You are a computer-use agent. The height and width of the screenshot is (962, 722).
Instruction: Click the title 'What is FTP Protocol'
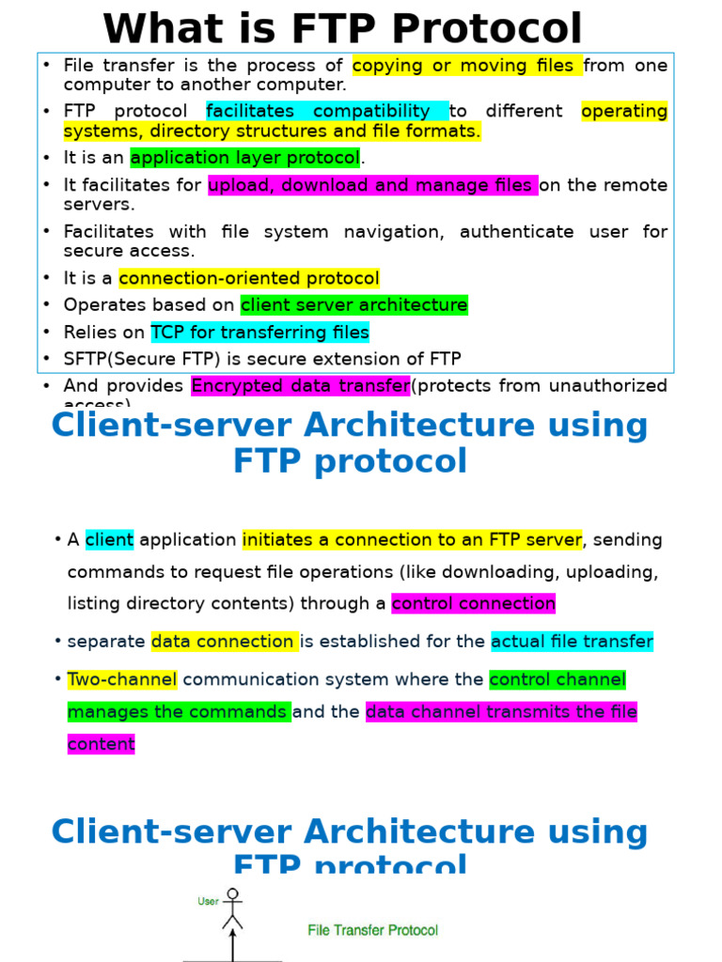[x=342, y=28]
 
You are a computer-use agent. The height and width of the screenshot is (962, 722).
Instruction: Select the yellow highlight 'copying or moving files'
[x=467, y=66]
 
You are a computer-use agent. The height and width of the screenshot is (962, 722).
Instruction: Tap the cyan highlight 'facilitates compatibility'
[x=327, y=112]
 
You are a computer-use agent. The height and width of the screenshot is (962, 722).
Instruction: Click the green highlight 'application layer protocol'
[x=245, y=158]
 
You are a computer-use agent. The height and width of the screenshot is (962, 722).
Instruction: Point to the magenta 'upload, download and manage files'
[x=372, y=185]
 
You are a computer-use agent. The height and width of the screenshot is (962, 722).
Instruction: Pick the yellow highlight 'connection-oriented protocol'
[x=249, y=278]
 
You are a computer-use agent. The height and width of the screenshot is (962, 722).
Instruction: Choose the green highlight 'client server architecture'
[x=354, y=305]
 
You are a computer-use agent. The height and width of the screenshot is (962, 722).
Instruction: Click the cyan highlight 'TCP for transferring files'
[x=260, y=332]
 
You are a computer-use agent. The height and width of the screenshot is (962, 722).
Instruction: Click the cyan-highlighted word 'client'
[x=109, y=540]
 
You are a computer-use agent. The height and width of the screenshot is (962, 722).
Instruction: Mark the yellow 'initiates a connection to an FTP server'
[x=413, y=540]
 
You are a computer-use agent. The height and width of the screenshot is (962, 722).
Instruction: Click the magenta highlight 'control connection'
[x=474, y=603]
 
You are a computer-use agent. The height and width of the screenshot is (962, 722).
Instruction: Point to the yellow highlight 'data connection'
[x=225, y=642]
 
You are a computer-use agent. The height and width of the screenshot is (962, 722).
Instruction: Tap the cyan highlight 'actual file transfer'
[x=572, y=642]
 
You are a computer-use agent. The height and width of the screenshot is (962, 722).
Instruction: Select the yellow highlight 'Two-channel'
[x=122, y=679]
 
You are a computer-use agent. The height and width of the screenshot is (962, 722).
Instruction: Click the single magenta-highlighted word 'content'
[x=102, y=744]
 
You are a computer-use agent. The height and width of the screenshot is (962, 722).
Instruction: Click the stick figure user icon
[x=232, y=908]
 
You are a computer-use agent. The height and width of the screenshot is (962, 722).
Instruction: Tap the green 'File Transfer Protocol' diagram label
[x=373, y=930]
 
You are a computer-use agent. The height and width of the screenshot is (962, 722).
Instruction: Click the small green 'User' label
[x=208, y=902]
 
